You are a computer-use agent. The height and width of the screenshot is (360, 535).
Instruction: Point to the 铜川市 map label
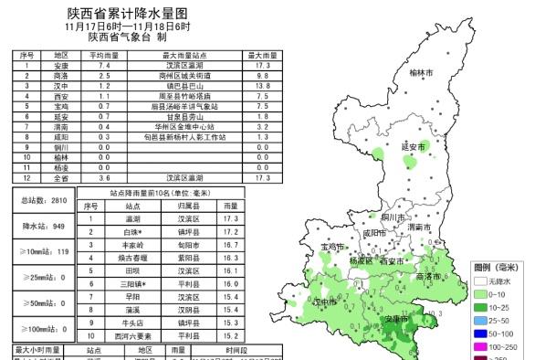(x=393, y=217)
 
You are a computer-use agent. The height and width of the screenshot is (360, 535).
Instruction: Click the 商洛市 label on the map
(x=428, y=275)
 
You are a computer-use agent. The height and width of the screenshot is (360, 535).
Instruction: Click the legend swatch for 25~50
(x=481, y=321)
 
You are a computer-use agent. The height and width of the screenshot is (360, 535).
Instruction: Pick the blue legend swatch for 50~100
(x=481, y=334)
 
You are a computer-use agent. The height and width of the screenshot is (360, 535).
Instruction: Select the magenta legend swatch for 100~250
(x=481, y=347)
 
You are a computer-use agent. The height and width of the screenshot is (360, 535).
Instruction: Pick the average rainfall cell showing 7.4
(x=103, y=67)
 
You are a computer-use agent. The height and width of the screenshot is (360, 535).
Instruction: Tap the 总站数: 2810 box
(x=45, y=199)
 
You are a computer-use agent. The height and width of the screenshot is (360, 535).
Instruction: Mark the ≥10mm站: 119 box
(x=45, y=250)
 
